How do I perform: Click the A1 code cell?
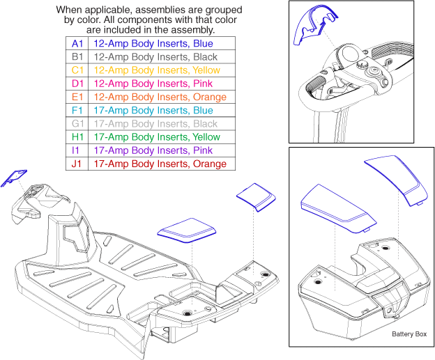(x=77, y=43)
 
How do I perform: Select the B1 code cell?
(x=77, y=56)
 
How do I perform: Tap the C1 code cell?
(x=77, y=70)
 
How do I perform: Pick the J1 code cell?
(x=77, y=164)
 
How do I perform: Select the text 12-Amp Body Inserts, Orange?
(x=162, y=97)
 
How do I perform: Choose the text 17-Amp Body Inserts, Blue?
(x=153, y=110)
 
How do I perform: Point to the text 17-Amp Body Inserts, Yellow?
(x=157, y=137)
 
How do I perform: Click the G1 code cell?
(x=77, y=123)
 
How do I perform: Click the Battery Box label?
(x=409, y=334)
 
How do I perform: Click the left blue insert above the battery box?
(x=335, y=208)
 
